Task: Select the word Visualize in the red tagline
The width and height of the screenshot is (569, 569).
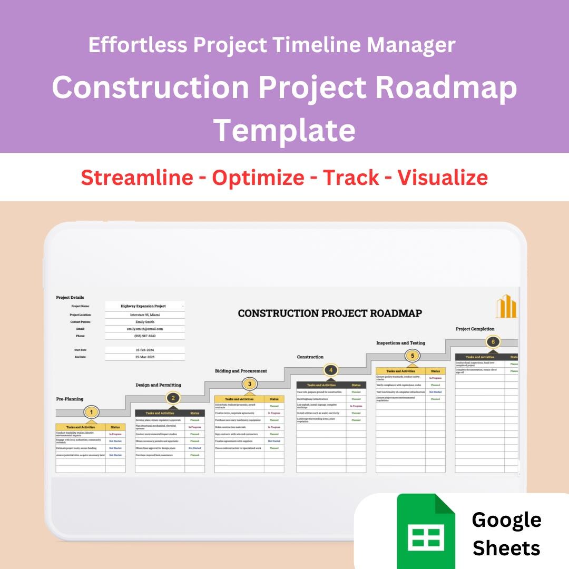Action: (x=443, y=178)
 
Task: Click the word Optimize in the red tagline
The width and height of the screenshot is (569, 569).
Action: (x=258, y=178)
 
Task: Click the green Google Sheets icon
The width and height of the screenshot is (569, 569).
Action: (x=426, y=529)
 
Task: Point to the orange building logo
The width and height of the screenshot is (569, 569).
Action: (x=506, y=307)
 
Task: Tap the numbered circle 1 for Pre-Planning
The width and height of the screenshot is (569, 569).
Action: (x=92, y=412)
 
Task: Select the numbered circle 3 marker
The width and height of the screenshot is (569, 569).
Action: (x=249, y=384)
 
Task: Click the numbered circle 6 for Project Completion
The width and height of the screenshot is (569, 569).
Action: (x=493, y=342)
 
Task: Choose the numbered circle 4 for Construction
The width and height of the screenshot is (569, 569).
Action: (x=330, y=370)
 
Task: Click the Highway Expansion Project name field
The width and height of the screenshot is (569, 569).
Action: (x=143, y=306)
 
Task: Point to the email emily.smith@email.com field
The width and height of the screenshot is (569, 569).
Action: (x=145, y=329)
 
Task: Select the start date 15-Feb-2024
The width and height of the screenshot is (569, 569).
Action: (x=145, y=350)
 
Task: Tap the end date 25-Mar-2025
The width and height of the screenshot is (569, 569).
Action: (x=145, y=357)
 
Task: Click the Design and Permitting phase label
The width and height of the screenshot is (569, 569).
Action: (x=158, y=385)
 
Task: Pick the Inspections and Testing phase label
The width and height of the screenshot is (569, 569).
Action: (x=400, y=343)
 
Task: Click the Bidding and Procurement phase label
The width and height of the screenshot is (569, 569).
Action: (x=241, y=371)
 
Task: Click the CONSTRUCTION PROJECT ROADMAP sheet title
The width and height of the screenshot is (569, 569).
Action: (x=330, y=313)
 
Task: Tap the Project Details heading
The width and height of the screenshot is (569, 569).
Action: (x=70, y=298)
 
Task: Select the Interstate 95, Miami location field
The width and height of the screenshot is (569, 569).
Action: (x=145, y=315)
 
